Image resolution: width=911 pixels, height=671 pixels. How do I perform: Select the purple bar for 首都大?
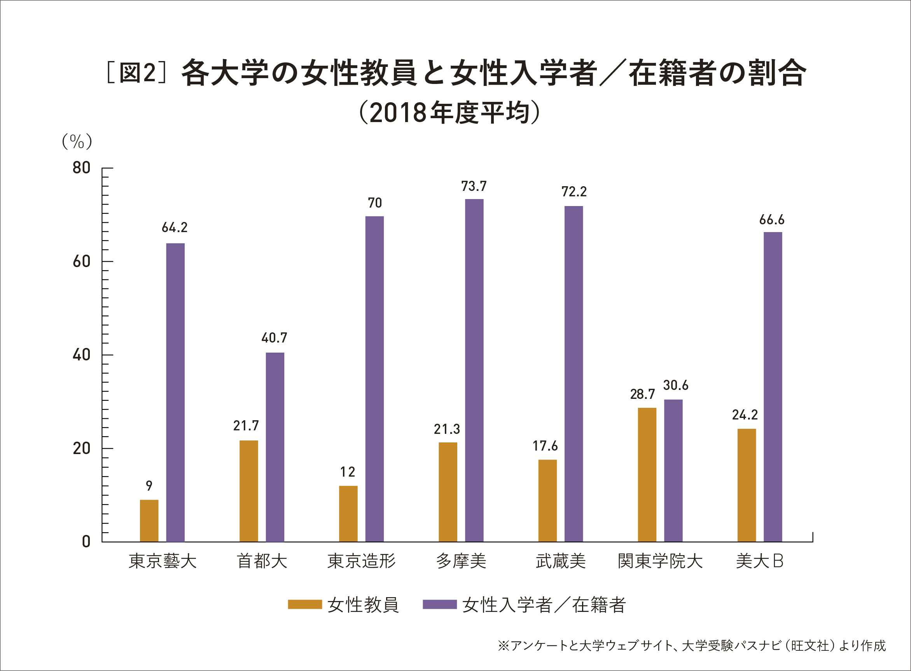tap(275, 447)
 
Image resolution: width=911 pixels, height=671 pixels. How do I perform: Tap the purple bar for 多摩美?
tap(474, 370)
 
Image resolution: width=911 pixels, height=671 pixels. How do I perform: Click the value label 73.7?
tap(474, 187)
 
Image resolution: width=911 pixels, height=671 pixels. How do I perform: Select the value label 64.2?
tap(175, 228)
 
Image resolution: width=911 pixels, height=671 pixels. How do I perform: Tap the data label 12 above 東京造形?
tap(348, 472)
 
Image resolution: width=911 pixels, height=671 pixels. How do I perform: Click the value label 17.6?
tap(545, 446)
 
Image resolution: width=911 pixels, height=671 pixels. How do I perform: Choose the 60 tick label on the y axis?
tap(81, 262)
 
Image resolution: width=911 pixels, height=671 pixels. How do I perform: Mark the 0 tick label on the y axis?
tap(86, 542)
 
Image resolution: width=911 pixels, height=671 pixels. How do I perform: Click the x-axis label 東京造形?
tap(362, 561)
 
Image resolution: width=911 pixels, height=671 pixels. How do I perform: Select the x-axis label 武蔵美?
tap(561, 561)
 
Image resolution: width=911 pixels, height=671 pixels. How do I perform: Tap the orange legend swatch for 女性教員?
tap(304, 605)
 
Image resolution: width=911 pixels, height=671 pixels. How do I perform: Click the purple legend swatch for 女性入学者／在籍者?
tap(439, 605)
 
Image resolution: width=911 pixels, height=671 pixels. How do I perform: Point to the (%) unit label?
tap(77, 142)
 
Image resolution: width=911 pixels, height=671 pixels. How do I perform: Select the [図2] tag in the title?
tap(137, 73)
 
